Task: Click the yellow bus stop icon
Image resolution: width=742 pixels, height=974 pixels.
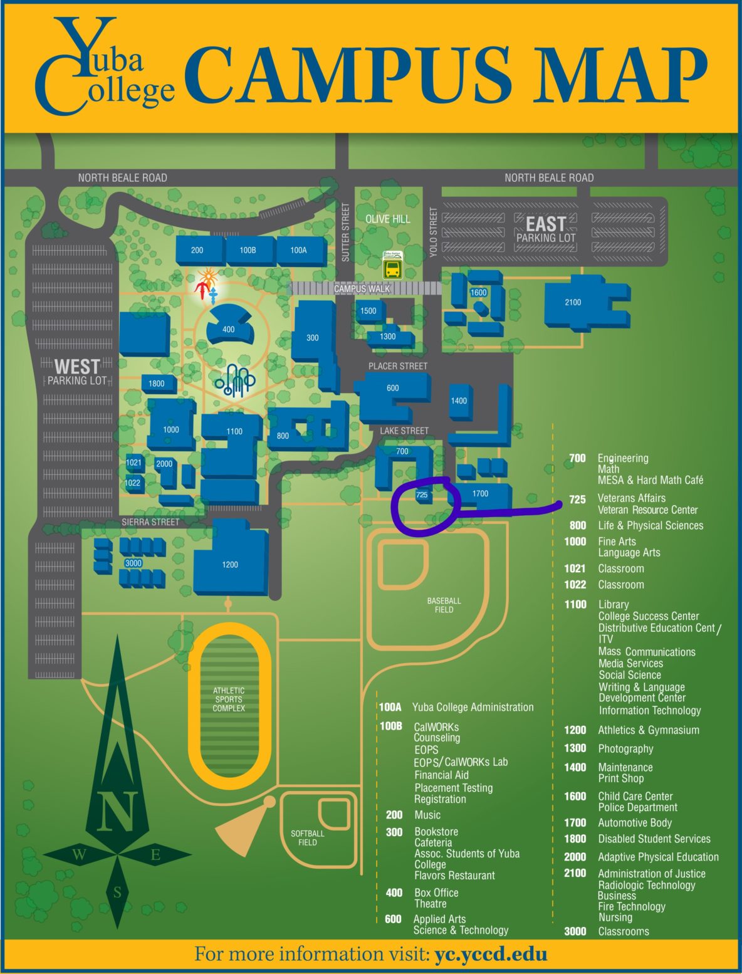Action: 393,270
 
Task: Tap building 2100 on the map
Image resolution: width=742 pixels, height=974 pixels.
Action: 573,303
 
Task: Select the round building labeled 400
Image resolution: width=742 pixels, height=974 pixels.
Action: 229,328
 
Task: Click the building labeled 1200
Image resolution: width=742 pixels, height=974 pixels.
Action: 230,565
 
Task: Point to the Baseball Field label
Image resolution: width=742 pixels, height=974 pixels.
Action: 444,605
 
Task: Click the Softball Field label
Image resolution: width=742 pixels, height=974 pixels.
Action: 307,838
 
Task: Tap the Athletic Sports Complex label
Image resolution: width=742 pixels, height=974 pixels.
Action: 229,699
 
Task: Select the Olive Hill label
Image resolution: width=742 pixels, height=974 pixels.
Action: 387,219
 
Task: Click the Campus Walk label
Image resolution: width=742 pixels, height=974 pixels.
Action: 362,289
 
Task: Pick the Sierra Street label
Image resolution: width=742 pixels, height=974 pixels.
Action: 150,521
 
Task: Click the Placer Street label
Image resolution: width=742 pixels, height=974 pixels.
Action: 397,365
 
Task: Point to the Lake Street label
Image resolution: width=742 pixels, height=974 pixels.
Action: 404,431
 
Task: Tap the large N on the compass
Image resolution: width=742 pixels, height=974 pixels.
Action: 117,810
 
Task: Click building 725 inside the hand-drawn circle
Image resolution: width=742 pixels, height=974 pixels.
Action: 422,495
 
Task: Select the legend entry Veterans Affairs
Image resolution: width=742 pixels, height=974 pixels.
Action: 631,498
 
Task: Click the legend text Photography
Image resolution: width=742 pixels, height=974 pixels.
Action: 625,749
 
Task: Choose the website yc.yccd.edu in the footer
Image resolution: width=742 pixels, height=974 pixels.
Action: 491,955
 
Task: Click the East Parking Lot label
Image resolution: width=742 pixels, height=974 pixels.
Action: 545,229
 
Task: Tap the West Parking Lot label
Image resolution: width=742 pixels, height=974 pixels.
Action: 77,372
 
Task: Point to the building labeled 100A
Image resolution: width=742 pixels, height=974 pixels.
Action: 299,250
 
